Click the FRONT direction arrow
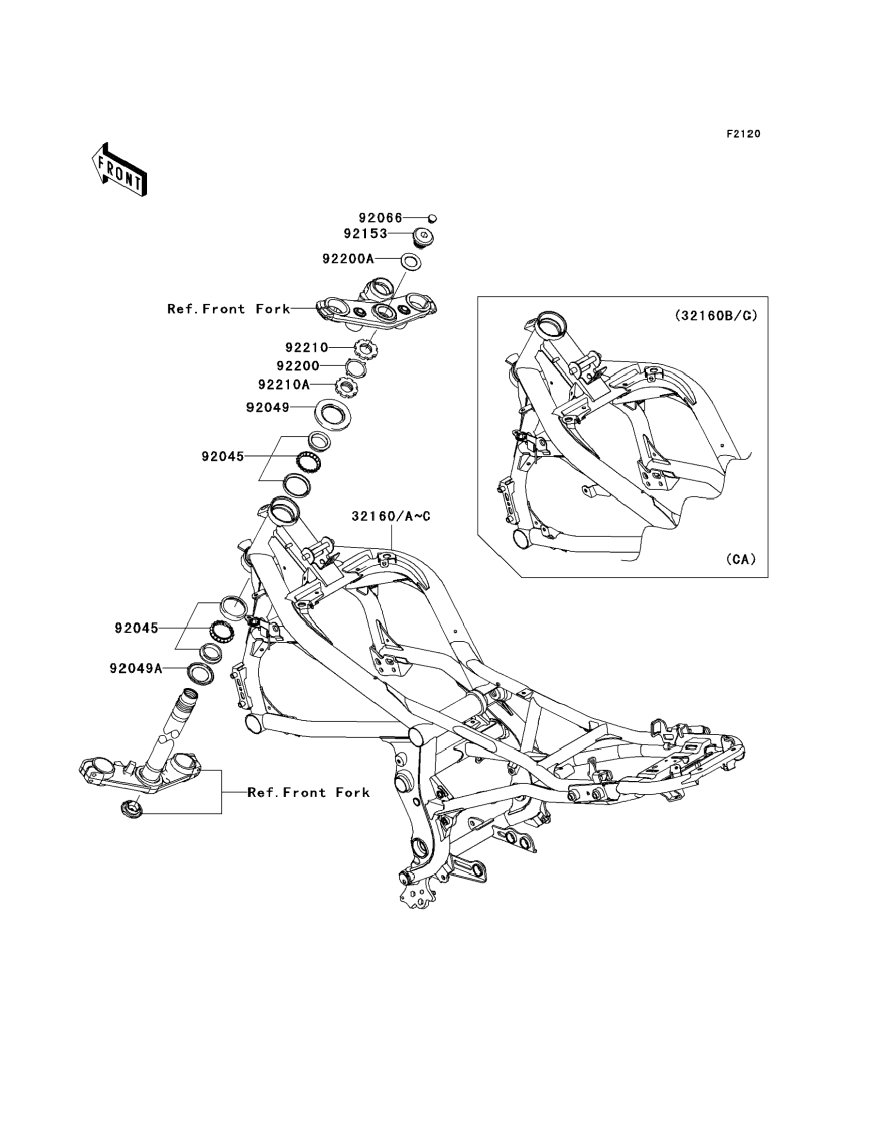click(119, 170)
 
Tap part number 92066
click(380, 218)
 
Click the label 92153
click(365, 234)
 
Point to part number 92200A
click(348, 259)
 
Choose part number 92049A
click(136, 668)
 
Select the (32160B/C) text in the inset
click(716, 315)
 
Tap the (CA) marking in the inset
click(741, 559)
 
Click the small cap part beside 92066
click(432, 218)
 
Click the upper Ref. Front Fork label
click(228, 309)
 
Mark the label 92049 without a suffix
click(267, 408)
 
